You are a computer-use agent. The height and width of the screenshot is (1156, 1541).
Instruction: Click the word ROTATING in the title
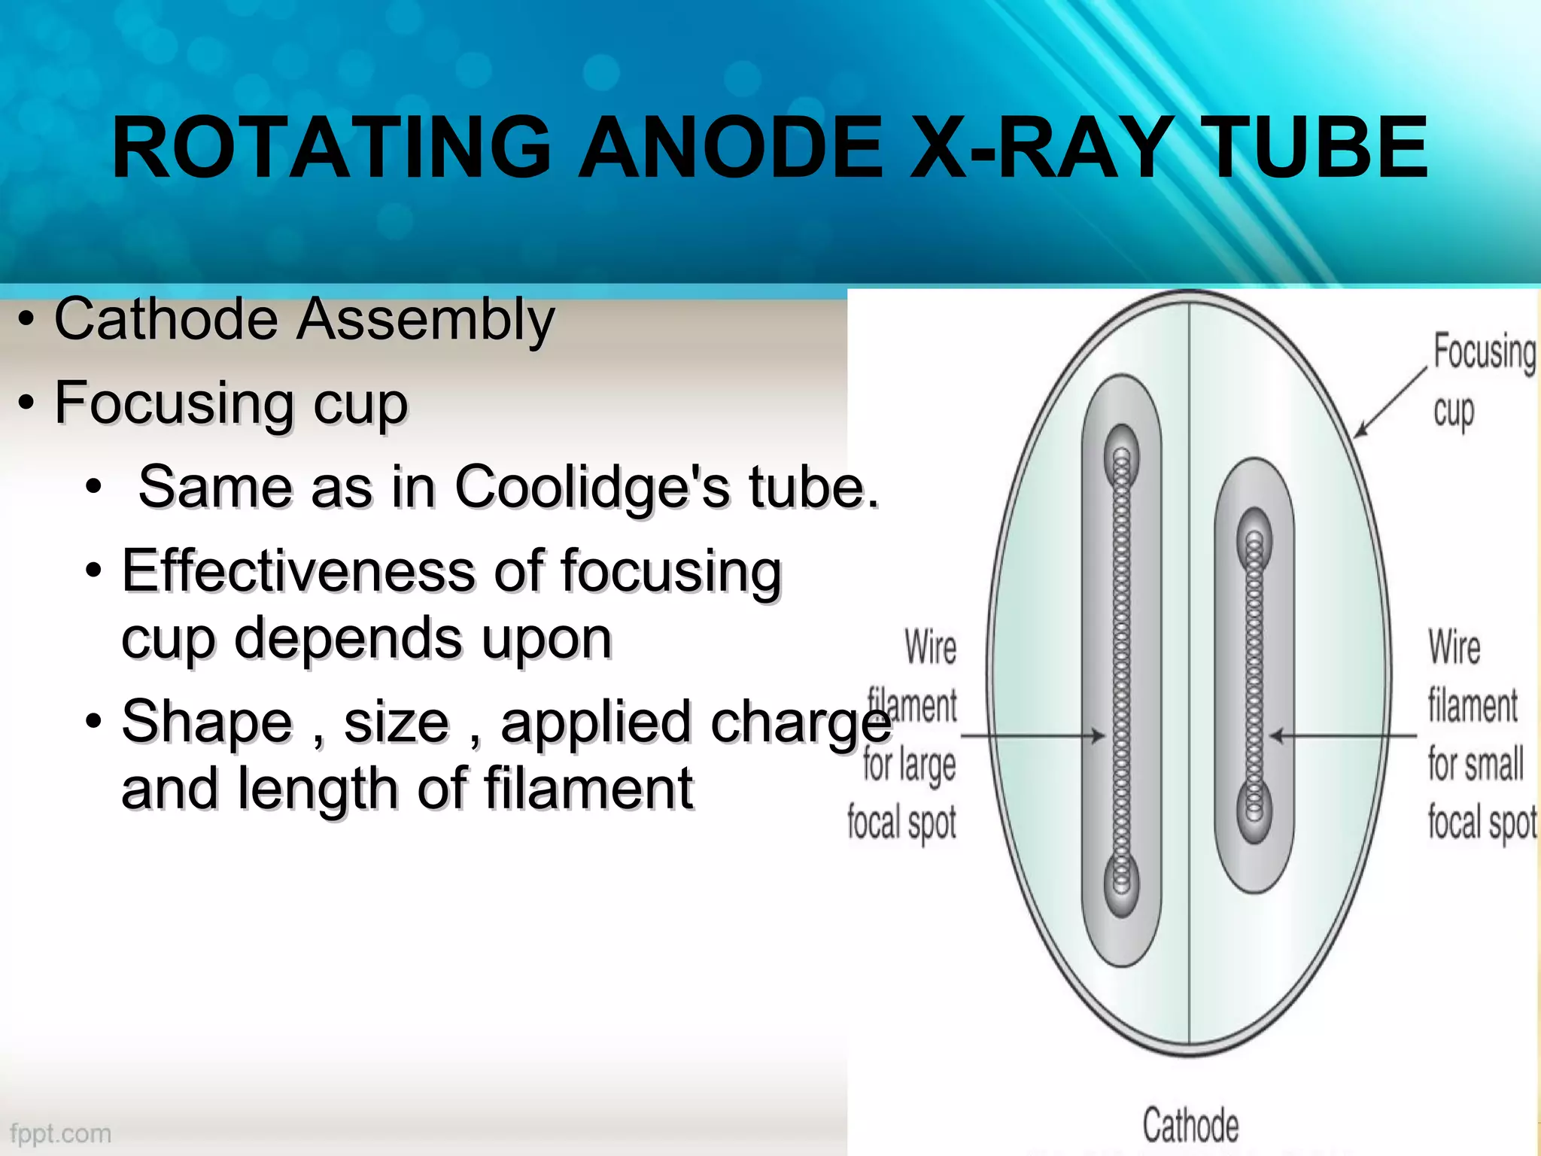click(331, 148)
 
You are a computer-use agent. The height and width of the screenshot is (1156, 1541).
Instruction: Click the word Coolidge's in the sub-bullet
click(592, 487)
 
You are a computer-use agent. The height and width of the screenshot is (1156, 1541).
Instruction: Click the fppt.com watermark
click(60, 1133)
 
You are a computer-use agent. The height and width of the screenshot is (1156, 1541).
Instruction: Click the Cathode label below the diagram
click(1190, 1126)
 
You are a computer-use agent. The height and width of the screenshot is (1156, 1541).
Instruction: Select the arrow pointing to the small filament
click(1343, 735)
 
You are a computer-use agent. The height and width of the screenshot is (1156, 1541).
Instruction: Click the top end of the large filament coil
click(1121, 455)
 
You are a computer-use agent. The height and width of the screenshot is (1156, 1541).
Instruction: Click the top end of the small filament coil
click(1254, 540)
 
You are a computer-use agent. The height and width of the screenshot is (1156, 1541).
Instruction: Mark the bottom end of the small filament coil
click(1254, 811)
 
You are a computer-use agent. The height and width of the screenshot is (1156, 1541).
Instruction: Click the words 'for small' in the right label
click(1476, 765)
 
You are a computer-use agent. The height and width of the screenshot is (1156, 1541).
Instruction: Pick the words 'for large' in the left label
click(909, 765)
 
